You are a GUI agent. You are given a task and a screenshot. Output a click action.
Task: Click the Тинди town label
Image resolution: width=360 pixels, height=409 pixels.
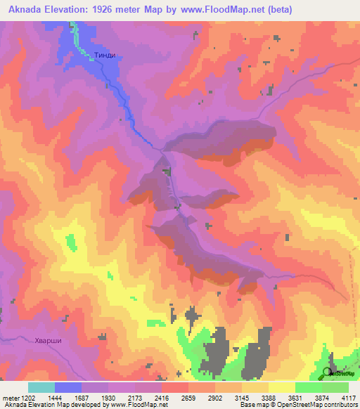point(105,56)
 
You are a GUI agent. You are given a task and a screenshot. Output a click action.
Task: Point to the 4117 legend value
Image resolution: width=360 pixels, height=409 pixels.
point(348,398)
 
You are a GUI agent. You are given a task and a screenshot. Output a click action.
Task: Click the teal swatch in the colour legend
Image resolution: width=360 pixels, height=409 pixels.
point(41,387)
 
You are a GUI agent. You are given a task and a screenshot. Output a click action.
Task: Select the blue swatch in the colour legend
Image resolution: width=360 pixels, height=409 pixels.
point(68,387)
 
